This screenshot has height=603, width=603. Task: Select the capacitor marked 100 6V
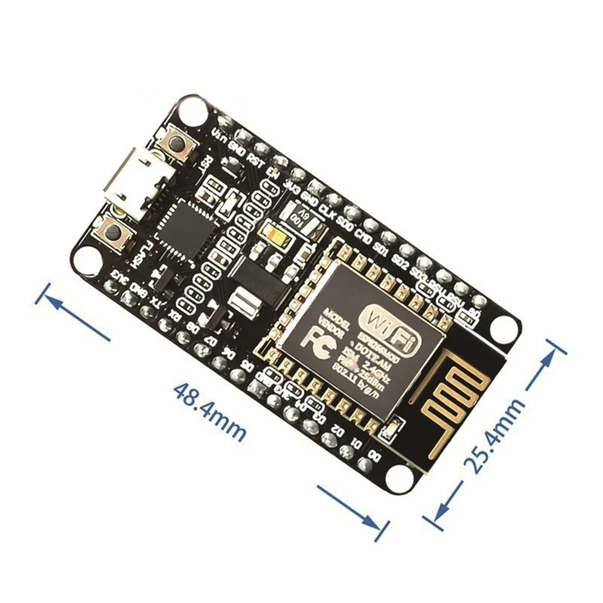[x=294, y=217]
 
